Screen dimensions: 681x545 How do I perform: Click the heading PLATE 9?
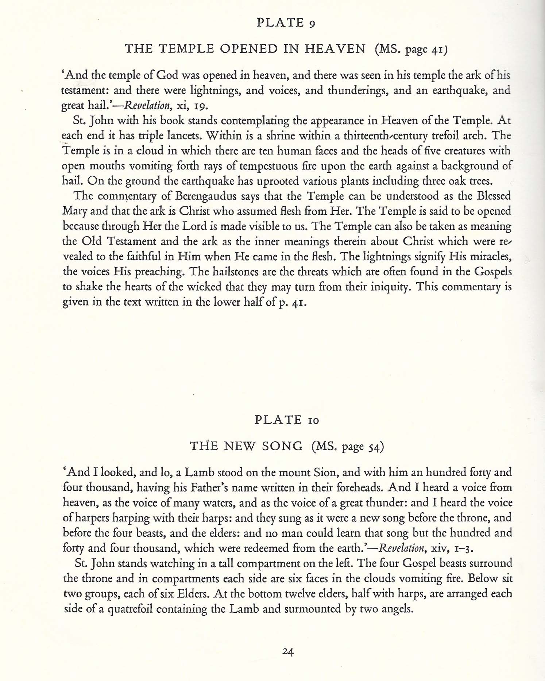(286, 23)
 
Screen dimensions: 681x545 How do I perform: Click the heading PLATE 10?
(287, 420)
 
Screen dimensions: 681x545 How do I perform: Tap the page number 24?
(288, 652)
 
